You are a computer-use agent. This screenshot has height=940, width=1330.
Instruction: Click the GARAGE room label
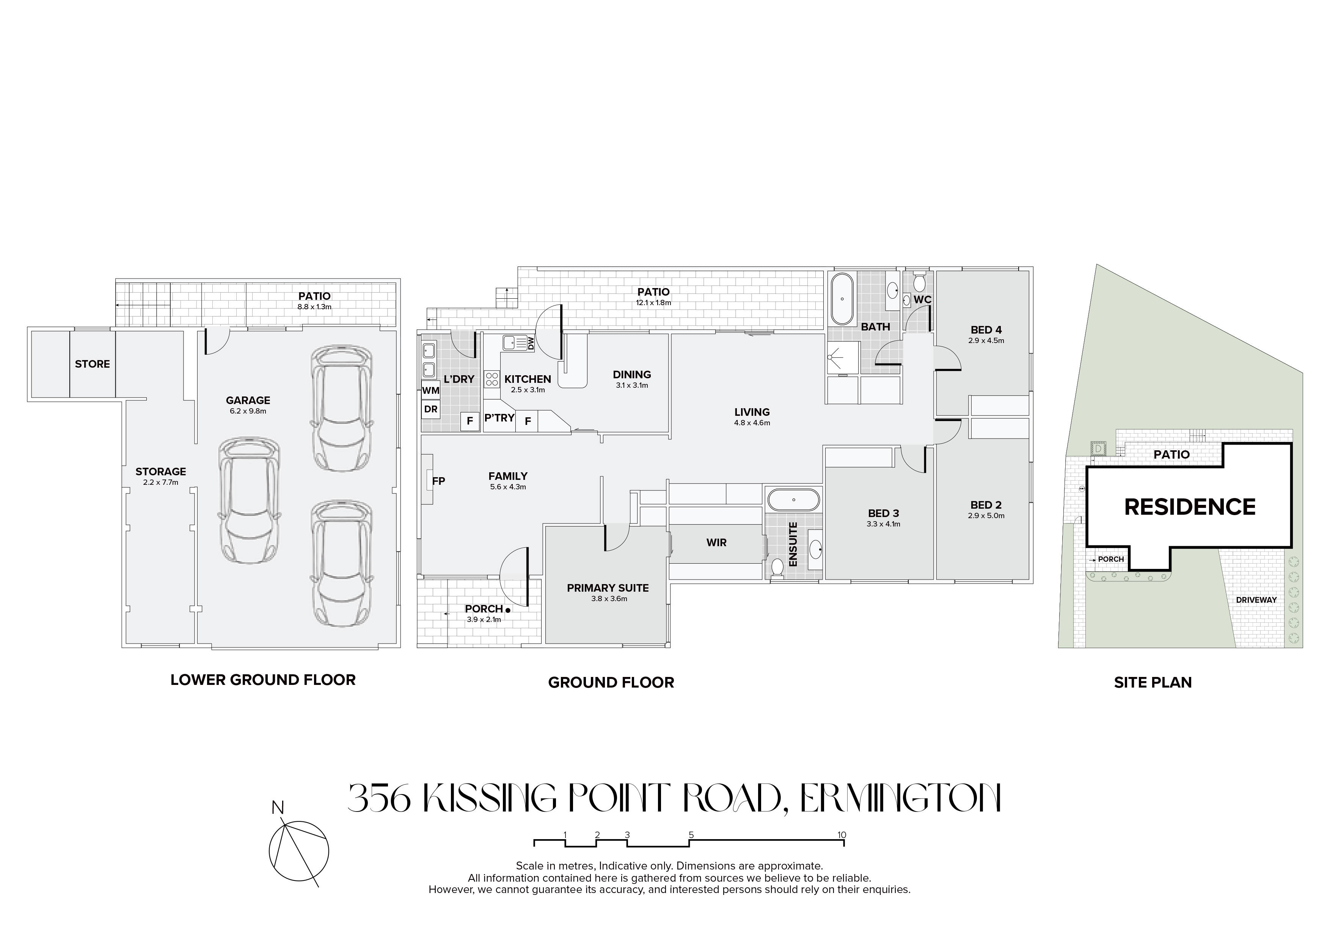click(x=248, y=400)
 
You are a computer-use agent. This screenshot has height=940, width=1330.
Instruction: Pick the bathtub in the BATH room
click(x=842, y=300)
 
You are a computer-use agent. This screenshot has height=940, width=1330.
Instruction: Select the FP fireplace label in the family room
click(x=438, y=480)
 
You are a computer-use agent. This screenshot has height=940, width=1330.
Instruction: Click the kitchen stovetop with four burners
click(x=492, y=379)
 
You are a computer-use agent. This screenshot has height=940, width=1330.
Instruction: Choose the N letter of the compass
click(x=278, y=807)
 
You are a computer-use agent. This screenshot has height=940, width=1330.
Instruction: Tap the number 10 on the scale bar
click(x=842, y=835)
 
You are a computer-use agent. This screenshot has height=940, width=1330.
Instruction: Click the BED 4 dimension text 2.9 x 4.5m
click(x=986, y=340)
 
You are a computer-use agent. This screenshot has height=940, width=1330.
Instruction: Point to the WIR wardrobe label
click(x=716, y=543)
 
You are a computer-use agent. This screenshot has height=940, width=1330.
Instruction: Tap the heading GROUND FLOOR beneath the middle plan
click(x=611, y=682)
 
